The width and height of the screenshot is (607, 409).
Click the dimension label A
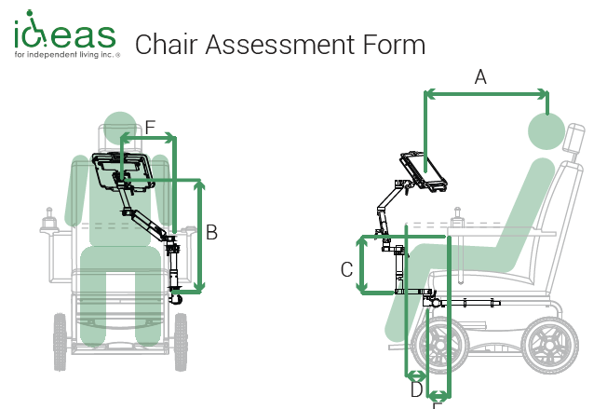point(480,77)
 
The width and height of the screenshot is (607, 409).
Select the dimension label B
point(212,233)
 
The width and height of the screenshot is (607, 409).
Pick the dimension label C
point(346,269)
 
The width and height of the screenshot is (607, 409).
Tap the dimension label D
point(416,389)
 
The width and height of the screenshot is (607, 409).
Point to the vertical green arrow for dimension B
point(198,237)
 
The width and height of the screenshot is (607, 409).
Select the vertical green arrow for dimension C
point(363,265)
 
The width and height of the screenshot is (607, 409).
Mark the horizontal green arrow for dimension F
point(150,139)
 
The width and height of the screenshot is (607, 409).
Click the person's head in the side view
point(547,130)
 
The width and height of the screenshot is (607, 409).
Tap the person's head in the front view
point(118,128)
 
